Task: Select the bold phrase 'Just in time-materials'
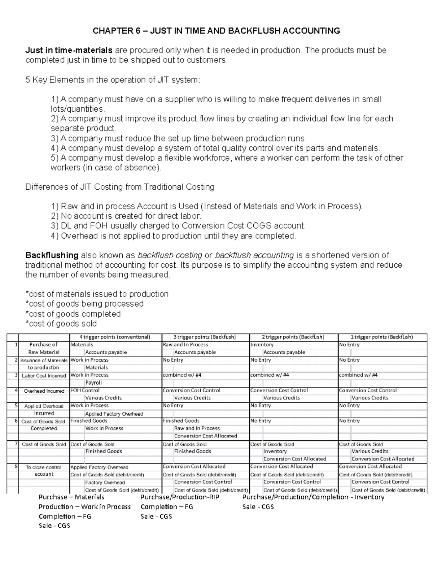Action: coord(69,50)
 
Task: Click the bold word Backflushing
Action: coord(52,255)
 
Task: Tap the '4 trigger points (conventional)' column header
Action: coord(115,337)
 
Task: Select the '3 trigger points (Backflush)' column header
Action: coord(205,337)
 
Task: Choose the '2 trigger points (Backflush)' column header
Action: coord(293,337)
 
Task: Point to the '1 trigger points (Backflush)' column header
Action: coord(381,337)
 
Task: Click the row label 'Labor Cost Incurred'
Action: coord(44,376)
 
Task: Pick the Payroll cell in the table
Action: coord(93,383)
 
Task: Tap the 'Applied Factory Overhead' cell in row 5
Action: coord(114,414)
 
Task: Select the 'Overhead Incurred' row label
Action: coord(44,391)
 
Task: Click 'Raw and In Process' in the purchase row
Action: coord(185,345)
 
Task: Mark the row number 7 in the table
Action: coord(16,444)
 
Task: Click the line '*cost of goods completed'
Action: coord(73,314)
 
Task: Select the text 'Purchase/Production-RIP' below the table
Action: coord(180,497)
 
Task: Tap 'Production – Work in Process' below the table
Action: coord(84,507)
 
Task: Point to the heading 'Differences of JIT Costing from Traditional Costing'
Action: coord(120,187)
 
